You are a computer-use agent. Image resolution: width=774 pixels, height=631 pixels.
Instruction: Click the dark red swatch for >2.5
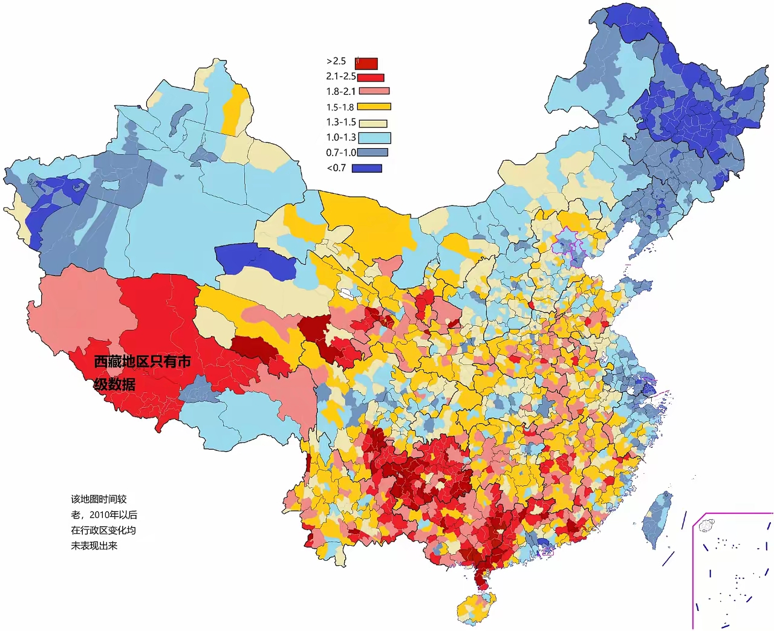point(366,63)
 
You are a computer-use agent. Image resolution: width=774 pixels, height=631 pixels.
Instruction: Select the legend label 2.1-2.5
point(340,77)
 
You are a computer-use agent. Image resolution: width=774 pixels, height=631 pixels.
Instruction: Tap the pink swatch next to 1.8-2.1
point(374,91)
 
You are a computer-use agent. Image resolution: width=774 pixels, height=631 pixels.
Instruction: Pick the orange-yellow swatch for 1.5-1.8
point(374,107)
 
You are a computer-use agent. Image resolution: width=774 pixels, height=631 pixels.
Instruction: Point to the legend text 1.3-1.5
point(341,122)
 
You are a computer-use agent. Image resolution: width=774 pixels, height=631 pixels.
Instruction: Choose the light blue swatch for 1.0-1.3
point(374,138)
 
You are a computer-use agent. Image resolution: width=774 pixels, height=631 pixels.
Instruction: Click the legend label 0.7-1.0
point(341,153)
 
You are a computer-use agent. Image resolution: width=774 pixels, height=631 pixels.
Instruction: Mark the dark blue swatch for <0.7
point(367,169)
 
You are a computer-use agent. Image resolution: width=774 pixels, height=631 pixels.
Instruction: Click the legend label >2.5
point(336,61)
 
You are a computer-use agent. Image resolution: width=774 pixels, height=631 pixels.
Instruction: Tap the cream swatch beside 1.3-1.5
point(374,123)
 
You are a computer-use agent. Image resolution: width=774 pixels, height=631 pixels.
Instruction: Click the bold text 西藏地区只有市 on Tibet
point(142,361)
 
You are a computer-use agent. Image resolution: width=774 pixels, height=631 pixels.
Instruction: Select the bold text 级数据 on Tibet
point(114,384)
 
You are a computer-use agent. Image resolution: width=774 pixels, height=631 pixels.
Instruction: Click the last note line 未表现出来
point(94,546)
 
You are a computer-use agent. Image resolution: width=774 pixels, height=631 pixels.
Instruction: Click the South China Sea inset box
point(732,571)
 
